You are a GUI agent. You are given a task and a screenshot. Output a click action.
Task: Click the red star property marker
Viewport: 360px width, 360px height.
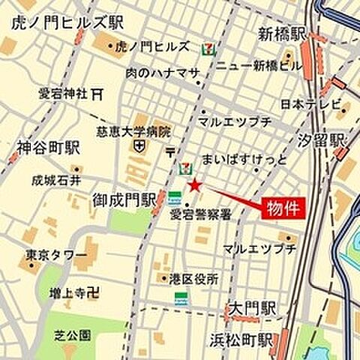point(194,184)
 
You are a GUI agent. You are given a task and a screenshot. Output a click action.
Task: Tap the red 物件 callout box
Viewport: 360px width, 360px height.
point(282,210)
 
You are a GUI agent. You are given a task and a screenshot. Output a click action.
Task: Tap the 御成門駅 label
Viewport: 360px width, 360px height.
point(124,199)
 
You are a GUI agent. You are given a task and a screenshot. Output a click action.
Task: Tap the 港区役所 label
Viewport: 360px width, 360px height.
point(194,278)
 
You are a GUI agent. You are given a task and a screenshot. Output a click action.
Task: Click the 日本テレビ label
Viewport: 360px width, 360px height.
point(310,103)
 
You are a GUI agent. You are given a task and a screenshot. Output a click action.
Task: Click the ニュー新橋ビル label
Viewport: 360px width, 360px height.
point(259,65)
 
